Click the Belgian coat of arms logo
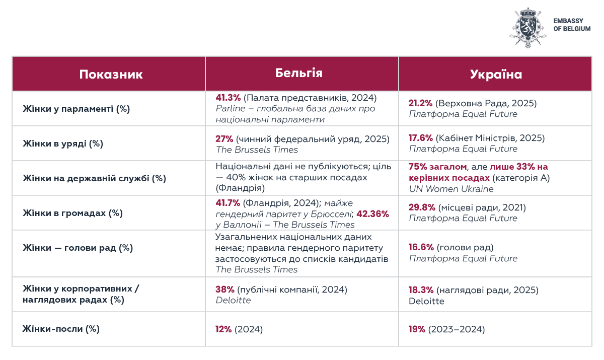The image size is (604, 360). [527, 28]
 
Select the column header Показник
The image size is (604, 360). [111, 75]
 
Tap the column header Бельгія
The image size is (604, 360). [299, 73]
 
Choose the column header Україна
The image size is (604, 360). [496, 75]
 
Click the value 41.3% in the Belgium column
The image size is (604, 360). [228, 98]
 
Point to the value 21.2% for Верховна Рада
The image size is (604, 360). [420, 103]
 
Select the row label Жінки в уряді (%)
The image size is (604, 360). [63, 143]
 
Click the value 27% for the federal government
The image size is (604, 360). [224, 138]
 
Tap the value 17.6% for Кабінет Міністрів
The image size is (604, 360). [421, 138]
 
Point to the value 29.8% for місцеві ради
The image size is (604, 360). [421, 207]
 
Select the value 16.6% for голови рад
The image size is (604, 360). [421, 248]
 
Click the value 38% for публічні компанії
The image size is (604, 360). [224, 290]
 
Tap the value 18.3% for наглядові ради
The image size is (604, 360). [421, 290]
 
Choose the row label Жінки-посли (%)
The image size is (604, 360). [61, 329]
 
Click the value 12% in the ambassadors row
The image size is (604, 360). [223, 329]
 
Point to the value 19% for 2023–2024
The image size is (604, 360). [417, 329]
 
